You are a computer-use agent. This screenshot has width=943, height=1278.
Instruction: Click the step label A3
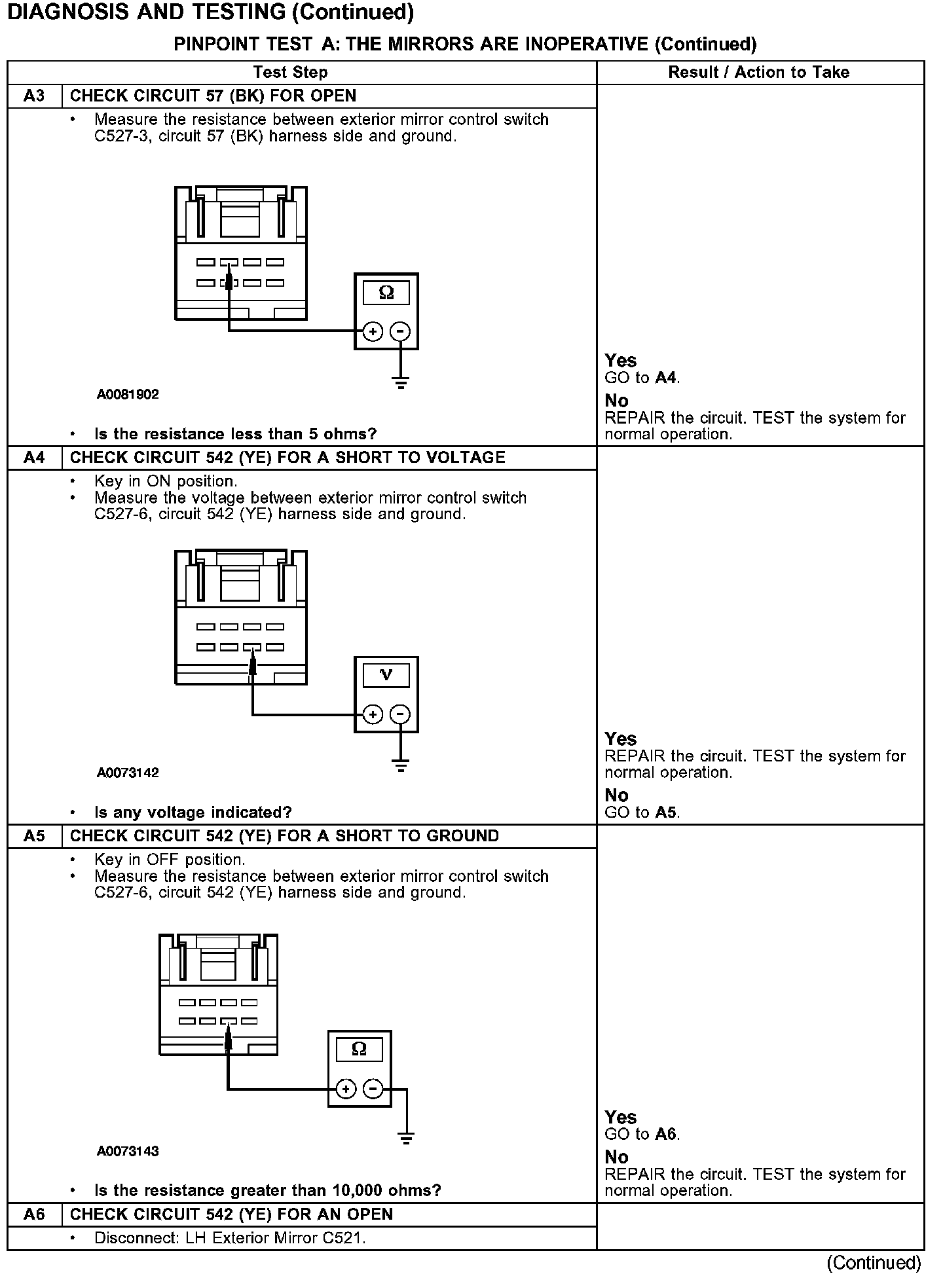34,96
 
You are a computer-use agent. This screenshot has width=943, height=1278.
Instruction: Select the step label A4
34,458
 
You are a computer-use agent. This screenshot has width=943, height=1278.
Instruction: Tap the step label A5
34,836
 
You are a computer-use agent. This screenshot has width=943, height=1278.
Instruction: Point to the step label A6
34,1214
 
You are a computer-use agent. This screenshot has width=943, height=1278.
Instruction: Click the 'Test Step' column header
290,73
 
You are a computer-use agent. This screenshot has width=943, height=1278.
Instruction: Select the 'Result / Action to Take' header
758,73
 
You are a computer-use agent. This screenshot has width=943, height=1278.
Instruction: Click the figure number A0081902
128,395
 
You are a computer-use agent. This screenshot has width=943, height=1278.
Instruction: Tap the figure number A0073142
128,773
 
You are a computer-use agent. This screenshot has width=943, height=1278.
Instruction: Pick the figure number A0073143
128,1152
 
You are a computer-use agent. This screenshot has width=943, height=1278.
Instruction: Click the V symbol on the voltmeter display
386,675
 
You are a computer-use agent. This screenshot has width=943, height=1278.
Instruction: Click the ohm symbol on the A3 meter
386,293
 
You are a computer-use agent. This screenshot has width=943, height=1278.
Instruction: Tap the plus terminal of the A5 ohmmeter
346,1089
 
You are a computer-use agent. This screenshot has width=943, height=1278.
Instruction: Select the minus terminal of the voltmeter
400,714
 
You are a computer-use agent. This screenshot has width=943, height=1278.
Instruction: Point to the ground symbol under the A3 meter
401,382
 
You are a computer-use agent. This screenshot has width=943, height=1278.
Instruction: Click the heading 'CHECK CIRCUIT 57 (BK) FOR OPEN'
213,96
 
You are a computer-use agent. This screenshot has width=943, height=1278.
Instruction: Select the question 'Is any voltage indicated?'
193,812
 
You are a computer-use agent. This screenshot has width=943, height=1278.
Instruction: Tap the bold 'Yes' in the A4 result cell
620,739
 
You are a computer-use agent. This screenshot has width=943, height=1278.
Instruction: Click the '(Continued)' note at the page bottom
874,1262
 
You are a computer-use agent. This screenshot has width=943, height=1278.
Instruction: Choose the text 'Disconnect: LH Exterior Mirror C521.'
230,1238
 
